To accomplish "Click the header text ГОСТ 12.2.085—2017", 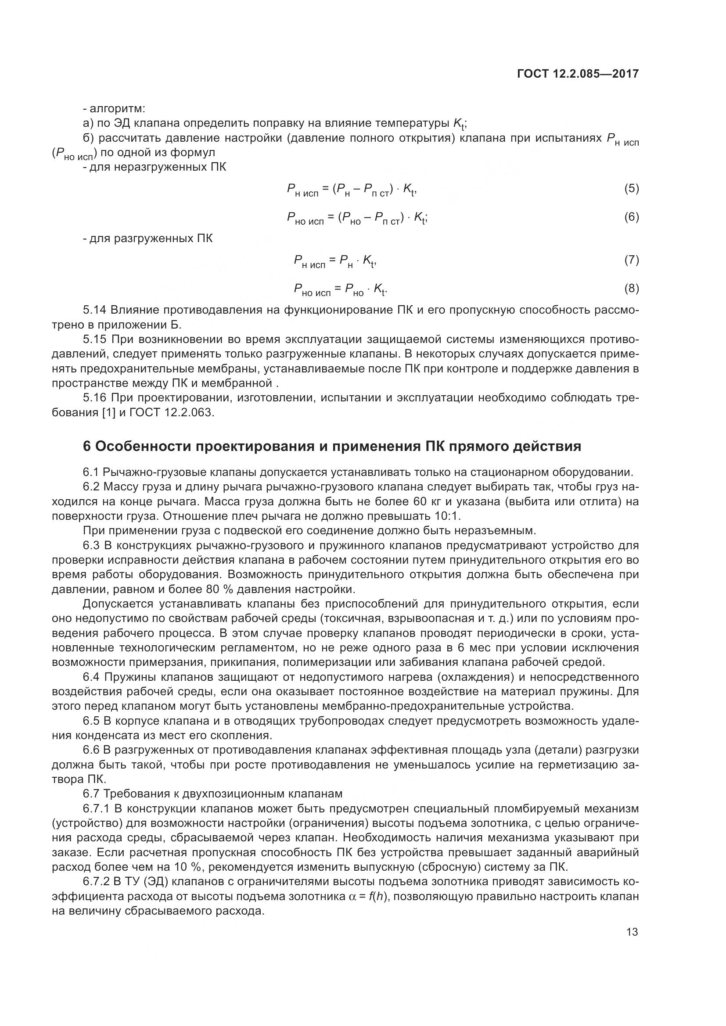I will coord(578,74).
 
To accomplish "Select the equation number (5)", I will coord(631,189).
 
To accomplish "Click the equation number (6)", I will coord(631,217).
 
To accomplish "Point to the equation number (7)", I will coord(631,260).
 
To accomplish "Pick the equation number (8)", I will coord(631,289).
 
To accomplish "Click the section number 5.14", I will coord(94,310).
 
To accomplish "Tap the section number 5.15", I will coord(94,340).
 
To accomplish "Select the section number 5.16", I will coord(94,398).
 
